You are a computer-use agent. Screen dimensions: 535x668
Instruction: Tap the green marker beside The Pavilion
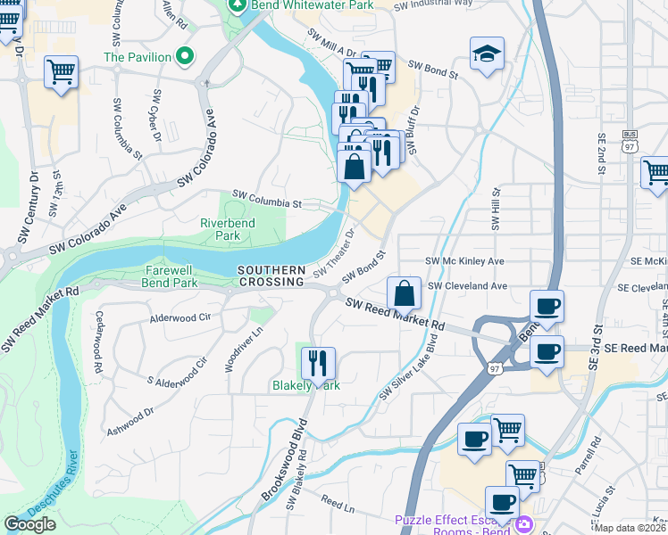[186, 57]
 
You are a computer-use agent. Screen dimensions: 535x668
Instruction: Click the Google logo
[30, 524]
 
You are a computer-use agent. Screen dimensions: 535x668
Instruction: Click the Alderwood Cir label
[180, 317]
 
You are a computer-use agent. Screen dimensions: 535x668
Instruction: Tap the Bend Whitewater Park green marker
[237, 5]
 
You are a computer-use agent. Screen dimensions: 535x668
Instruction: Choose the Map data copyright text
[630, 528]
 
